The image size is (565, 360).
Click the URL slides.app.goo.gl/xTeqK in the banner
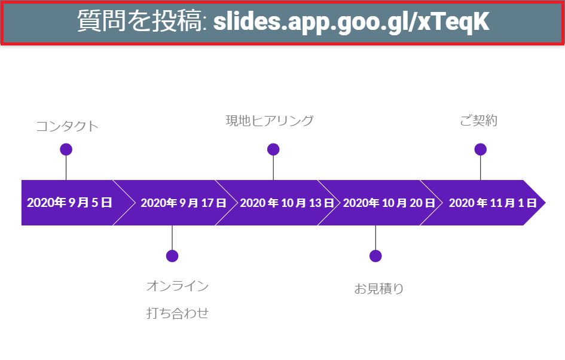point(351,22)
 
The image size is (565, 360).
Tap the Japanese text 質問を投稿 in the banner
point(139,20)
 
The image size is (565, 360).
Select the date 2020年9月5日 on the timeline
point(69,203)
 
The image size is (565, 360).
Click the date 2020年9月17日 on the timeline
point(184,203)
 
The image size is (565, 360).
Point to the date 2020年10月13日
point(287,203)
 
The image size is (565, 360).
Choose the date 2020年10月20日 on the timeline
point(389,203)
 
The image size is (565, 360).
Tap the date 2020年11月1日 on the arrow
point(493,203)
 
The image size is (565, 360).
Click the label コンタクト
point(68,127)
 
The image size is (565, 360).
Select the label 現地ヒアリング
point(270,121)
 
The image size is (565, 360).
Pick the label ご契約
point(478,120)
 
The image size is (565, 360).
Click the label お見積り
point(378,289)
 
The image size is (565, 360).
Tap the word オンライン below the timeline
point(178,286)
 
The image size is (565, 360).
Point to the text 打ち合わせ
point(178,313)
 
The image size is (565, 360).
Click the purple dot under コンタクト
point(66,149)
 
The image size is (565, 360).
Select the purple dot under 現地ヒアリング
point(273,149)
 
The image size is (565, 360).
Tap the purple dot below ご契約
point(480,149)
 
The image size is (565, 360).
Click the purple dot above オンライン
point(172,256)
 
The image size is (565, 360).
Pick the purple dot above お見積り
point(375,256)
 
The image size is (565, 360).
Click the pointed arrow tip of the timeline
point(545,203)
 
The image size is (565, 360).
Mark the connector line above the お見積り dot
point(375,238)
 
